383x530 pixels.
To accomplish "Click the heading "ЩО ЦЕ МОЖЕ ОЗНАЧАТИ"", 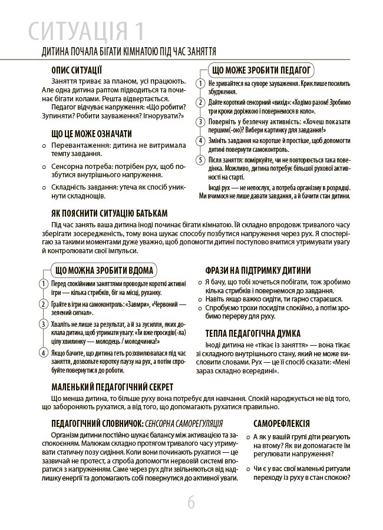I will (x=91, y=134).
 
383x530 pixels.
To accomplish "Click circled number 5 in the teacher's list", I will (x=200, y=160).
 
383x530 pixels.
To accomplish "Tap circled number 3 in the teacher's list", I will (x=200, y=122).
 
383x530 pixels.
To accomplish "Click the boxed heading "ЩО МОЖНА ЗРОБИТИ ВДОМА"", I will (x=104, y=271).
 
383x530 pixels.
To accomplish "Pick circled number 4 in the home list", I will (x=44, y=353).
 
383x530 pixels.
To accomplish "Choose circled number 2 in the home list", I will (x=44, y=304).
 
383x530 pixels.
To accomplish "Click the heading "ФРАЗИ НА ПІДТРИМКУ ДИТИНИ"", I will (x=258, y=271).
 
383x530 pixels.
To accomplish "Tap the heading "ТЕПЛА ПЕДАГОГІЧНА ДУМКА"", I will (x=253, y=333).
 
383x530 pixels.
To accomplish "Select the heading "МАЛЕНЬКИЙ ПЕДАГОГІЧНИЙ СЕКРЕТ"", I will (x=112, y=387).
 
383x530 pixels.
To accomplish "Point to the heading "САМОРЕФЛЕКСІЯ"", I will (x=281, y=423).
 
